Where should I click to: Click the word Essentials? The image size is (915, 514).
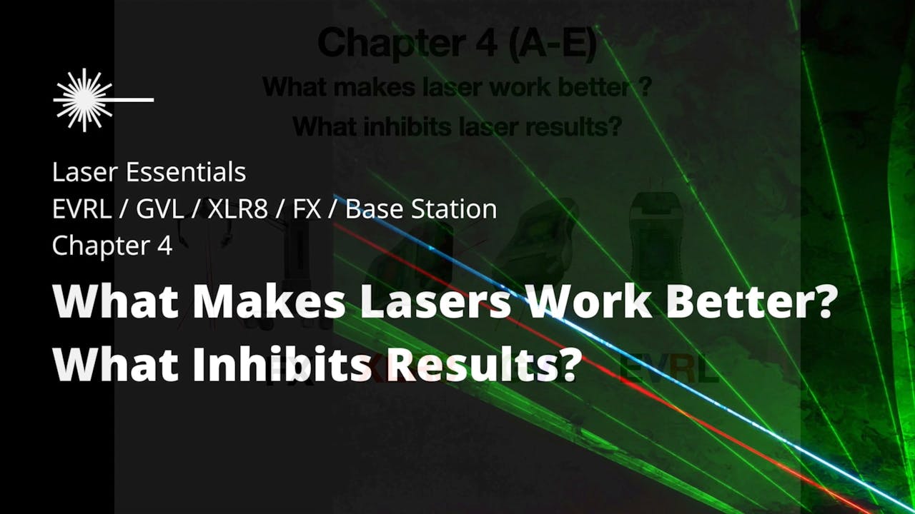(188, 173)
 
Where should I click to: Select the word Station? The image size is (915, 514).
(457, 209)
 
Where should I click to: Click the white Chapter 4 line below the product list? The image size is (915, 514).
(112, 246)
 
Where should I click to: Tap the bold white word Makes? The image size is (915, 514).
(267, 303)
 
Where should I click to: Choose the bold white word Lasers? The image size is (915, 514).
(435, 303)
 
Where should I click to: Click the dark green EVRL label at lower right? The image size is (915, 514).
(668, 371)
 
